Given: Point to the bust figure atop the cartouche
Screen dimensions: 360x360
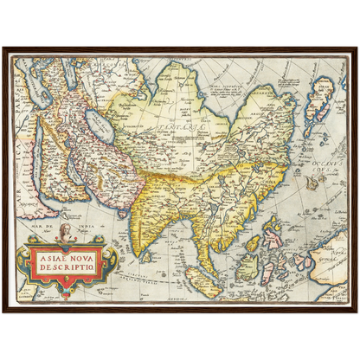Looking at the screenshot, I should tap(63, 231).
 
